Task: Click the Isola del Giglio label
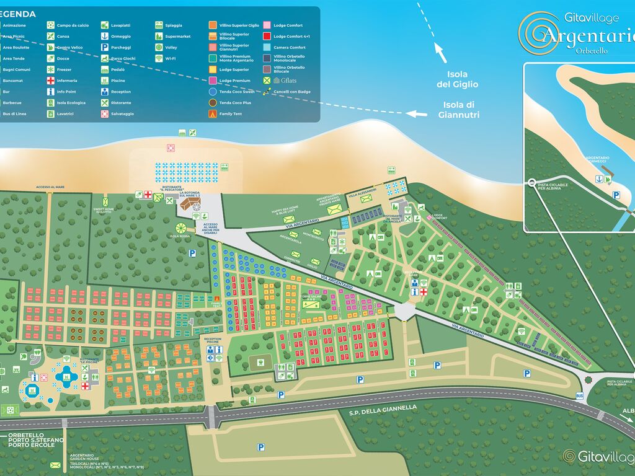click(x=457, y=79)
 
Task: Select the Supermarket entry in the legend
click(x=177, y=37)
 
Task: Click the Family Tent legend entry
click(x=230, y=114)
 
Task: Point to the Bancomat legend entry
click(x=12, y=81)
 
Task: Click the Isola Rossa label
click(x=181, y=236)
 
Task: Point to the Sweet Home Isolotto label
click(x=104, y=211)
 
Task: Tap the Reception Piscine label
click(x=213, y=340)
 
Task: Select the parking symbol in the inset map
click(x=616, y=195)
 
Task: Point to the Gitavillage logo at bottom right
click(x=598, y=456)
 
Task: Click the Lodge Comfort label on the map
click(x=440, y=217)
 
